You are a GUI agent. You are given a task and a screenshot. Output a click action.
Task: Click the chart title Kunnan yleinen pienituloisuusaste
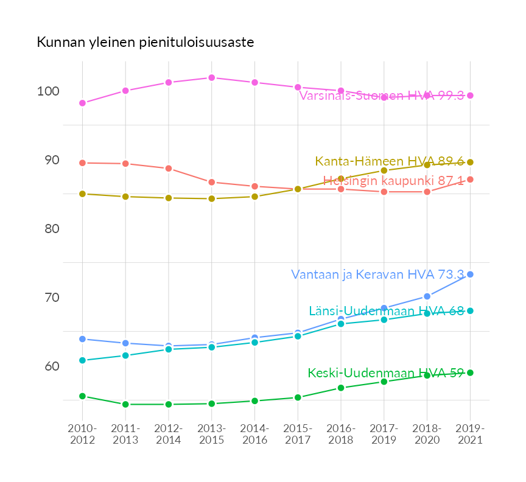[145, 43]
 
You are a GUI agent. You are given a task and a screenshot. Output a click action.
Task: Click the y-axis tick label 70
[49, 298]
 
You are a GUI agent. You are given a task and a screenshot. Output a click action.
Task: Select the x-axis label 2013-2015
[211, 434]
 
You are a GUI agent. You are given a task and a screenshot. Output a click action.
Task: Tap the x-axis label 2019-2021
[470, 434]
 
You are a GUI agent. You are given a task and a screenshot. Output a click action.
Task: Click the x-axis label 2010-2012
[82, 434]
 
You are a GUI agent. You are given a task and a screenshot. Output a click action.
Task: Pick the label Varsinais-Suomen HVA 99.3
[382, 96]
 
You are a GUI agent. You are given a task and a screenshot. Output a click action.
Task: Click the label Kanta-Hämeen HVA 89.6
[390, 162]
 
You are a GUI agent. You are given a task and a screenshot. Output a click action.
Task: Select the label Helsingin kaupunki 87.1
[393, 181]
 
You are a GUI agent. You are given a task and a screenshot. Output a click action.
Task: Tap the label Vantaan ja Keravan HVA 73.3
[377, 274]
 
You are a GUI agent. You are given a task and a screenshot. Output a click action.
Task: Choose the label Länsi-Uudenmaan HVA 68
[387, 311]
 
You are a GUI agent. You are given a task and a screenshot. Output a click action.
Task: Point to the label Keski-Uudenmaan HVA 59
[386, 373]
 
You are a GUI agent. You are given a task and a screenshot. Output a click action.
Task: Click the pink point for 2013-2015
[211, 78]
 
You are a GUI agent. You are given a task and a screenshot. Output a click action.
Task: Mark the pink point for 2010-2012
[82, 103]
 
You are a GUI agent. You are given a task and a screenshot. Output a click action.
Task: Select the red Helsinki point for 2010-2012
[82, 163]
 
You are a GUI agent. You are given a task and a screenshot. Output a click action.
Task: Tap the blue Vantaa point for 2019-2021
[470, 274]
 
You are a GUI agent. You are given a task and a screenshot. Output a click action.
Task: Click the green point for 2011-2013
[125, 404]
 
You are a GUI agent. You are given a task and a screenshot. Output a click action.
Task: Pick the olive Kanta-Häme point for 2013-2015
[211, 198]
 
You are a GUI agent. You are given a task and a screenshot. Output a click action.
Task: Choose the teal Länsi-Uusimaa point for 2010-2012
[82, 360]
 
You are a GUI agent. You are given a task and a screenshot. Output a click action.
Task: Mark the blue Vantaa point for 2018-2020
[427, 296]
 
